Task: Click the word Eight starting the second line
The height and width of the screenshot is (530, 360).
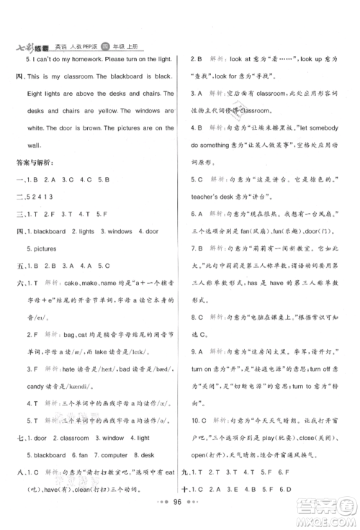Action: pyautogui.click(x=37, y=94)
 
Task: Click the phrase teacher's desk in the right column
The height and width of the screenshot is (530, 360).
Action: pyautogui.click(x=217, y=197)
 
